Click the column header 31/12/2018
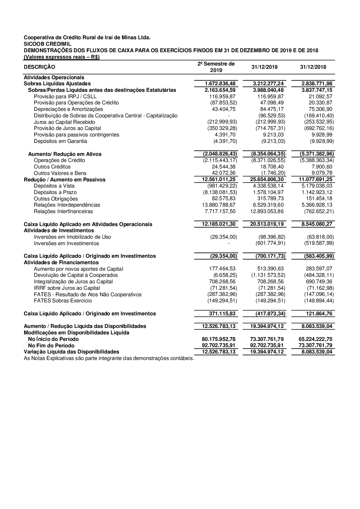(x=313, y=67)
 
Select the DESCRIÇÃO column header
(x=40, y=67)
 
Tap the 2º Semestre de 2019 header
(x=216, y=67)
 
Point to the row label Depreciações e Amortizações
(x=68, y=109)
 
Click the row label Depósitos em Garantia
(x=60, y=141)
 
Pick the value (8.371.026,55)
(x=268, y=160)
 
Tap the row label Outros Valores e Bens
(x=60, y=173)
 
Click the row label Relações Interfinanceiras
(x=63, y=211)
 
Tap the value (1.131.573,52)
(x=268, y=275)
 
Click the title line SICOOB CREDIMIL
(x=48, y=44)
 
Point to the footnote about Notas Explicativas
(x=109, y=358)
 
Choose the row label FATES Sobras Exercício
(x=63, y=301)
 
